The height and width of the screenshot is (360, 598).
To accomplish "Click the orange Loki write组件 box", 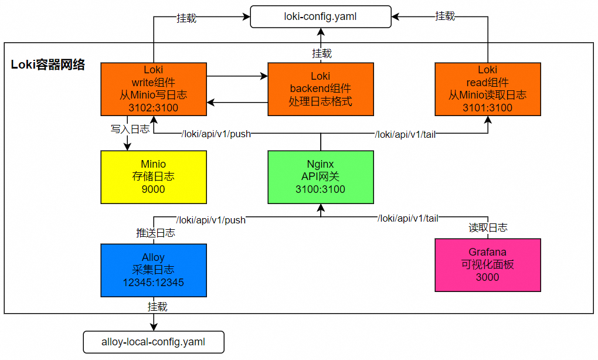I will tap(154, 89).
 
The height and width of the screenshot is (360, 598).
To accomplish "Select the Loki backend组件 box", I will tap(321, 89).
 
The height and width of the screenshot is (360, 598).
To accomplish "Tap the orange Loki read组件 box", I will tap(488, 89).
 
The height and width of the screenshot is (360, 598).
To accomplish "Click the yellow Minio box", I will tap(154, 177).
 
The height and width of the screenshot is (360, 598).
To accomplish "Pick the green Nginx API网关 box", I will tap(321, 177).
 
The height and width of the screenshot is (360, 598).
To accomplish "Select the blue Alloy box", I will tap(154, 270).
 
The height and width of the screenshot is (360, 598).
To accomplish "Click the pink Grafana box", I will tap(488, 264).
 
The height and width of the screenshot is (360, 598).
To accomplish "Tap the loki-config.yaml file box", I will tap(321, 17).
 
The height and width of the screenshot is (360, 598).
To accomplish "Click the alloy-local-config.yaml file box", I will tap(154, 342).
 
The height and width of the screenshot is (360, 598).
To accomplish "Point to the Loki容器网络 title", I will tap(48, 64).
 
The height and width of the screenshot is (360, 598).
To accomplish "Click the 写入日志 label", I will tap(130, 128).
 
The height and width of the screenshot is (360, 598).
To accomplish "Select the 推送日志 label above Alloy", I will tap(155, 233).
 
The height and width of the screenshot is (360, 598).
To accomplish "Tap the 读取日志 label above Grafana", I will tap(488, 227).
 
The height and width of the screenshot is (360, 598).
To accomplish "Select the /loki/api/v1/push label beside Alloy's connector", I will tap(211, 220).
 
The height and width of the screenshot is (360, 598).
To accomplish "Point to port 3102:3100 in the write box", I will tap(154, 108).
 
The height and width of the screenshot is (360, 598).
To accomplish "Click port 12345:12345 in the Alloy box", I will tap(154, 283).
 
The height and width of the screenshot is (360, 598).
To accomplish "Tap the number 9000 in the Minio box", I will tap(154, 189).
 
